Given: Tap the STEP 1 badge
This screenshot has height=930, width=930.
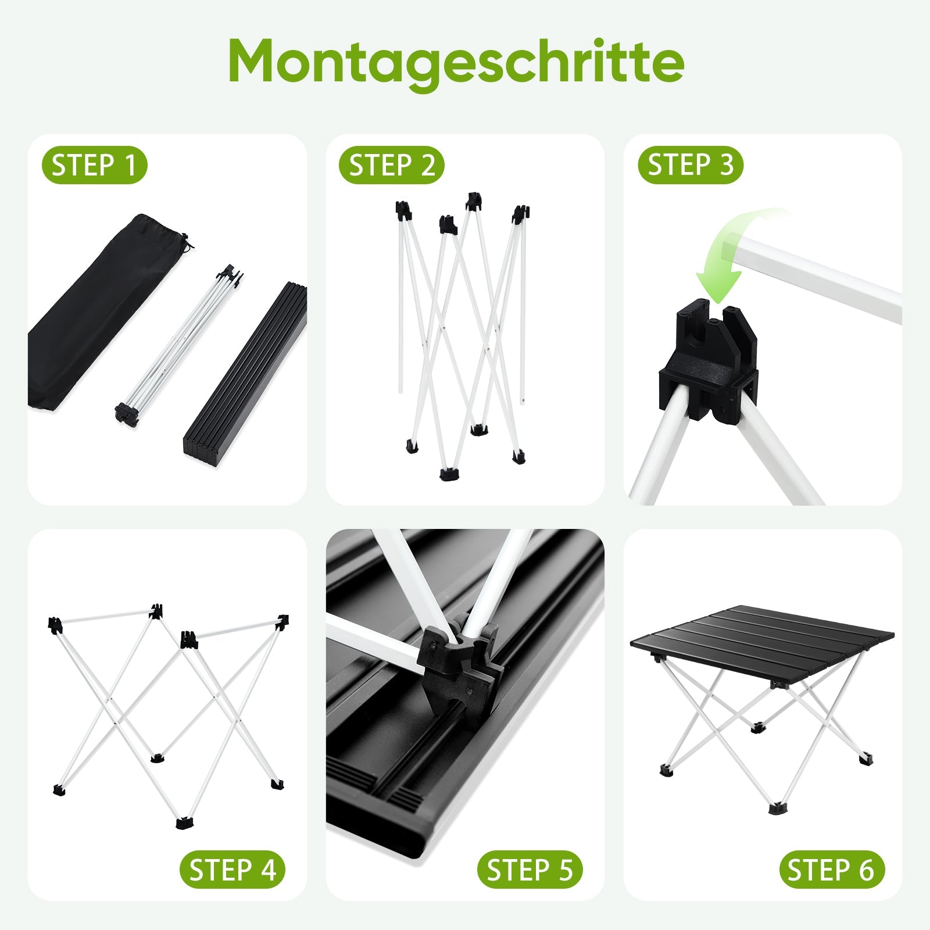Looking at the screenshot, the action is point(94,165).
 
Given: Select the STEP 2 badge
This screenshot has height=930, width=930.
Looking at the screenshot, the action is point(392,165).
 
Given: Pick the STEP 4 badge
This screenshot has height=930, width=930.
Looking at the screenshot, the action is point(233,870).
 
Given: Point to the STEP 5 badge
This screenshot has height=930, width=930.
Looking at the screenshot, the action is point(530,870).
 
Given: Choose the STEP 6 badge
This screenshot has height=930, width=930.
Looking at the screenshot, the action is point(832,870).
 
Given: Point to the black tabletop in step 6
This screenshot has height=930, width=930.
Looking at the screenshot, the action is point(761,642).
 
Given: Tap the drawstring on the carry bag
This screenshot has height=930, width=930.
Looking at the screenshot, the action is point(185,243).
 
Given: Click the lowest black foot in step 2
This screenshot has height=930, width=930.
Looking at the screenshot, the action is point(448,474).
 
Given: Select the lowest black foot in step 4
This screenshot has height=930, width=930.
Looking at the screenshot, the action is point(185,822).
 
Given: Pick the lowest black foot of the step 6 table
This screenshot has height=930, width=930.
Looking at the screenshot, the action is point(775,808).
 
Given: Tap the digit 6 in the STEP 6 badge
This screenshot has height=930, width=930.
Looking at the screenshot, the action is point(867,870).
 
